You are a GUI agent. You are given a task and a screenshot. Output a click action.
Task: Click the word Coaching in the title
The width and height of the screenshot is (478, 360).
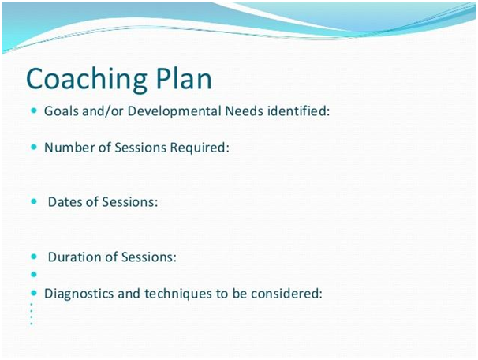(x=87, y=80)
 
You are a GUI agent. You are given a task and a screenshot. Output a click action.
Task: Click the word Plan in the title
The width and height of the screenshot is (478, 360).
(x=184, y=78)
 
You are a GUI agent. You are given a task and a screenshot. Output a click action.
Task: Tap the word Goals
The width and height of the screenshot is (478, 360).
(x=62, y=111)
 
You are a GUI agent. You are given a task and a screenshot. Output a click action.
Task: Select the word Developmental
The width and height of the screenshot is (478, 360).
(x=174, y=111)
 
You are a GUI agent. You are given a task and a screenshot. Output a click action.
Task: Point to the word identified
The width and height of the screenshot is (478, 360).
(x=299, y=111)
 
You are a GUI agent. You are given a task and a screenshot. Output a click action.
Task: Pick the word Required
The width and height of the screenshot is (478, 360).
(x=200, y=148)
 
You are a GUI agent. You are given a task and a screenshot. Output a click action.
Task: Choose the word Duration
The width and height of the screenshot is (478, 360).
(x=75, y=257)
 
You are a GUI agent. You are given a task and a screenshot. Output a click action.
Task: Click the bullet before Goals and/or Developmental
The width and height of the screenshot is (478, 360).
(x=34, y=111)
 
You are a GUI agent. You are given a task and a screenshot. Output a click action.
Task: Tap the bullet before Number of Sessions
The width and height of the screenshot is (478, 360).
(x=34, y=148)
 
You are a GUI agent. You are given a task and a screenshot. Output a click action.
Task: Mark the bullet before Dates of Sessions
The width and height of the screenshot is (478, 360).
(x=34, y=201)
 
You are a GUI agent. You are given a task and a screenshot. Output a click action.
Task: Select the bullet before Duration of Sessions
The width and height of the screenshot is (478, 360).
(x=34, y=257)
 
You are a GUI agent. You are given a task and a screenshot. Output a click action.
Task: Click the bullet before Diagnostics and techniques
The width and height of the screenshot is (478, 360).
(x=34, y=294)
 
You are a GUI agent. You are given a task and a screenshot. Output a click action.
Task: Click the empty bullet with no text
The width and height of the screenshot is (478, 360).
(x=34, y=275)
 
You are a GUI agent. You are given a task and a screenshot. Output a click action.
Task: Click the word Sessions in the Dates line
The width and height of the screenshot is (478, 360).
(x=130, y=202)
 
